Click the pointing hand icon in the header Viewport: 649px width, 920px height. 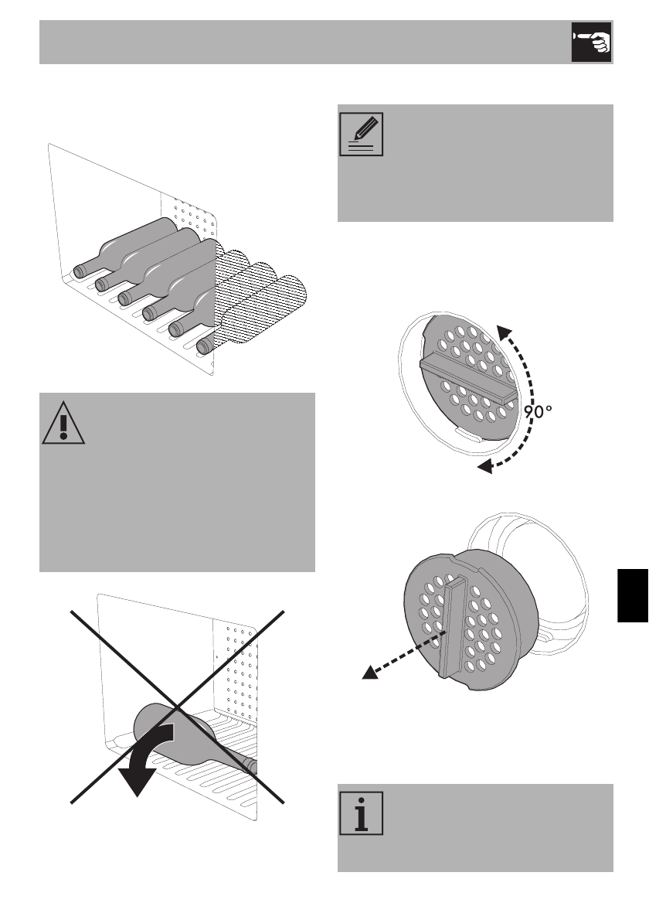pyautogui.click(x=591, y=42)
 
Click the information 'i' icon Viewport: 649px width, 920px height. pyautogui.click(x=359, y=817)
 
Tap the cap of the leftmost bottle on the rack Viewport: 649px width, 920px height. pyautogui.click(x=79, y=271)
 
